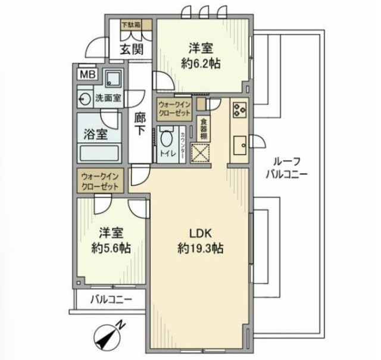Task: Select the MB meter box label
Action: (87, 75)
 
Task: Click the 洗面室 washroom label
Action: (108, 99)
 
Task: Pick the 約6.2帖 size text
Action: (200, 63)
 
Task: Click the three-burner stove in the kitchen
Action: (240, 110)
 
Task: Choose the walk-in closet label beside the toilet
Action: (174, 110)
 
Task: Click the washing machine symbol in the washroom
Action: (84, 99)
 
